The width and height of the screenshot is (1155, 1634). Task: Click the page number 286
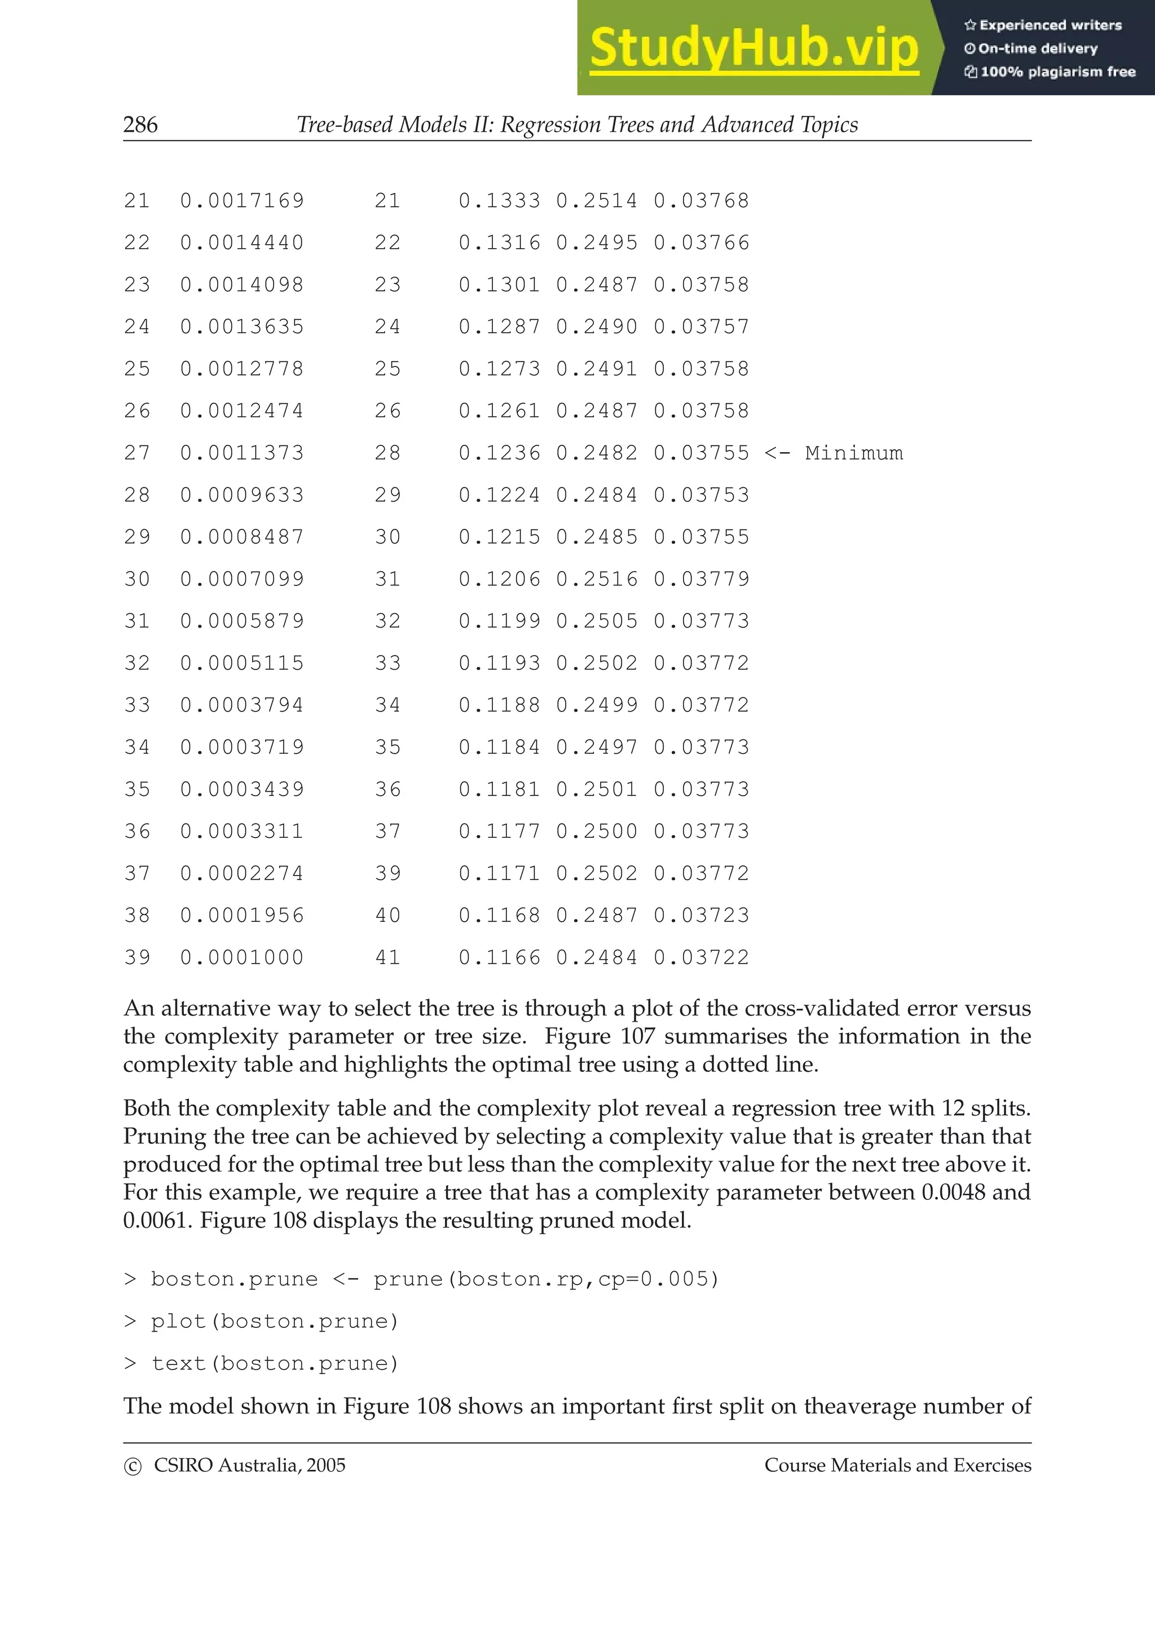click(x=140, y=125)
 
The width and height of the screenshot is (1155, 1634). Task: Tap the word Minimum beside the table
click(x=854, y=453)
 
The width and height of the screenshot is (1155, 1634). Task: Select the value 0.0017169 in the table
click(x=242, y=201)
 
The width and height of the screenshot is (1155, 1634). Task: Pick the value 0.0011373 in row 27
click(x=242, y=453)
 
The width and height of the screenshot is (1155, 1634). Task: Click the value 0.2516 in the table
click(x=596, y=579)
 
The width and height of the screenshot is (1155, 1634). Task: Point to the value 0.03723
click(x=701, y=915)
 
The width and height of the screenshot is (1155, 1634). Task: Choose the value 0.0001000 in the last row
click(x=242, y=958)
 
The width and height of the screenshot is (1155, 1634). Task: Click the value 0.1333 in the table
click(x=499, y=201)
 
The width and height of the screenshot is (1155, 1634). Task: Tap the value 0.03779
click(x=701, y=579)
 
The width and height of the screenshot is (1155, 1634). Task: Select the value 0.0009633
click(x=242, y=495)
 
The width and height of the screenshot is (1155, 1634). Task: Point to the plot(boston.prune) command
click(x=274, y=1322)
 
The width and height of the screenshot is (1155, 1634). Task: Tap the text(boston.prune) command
click(x=274, y=1363)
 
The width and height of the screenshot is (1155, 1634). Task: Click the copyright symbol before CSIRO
click(x=133, y=1466)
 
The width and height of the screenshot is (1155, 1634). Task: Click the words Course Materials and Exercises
click(x=897, y=1465)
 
